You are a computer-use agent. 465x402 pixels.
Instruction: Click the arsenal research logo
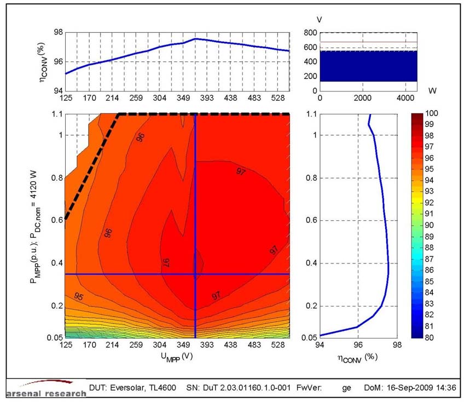click(x=46, y=388)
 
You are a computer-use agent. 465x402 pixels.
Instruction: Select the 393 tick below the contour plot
click(x=215, y=346)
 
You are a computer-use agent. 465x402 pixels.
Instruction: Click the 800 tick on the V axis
click(x=310, y=32)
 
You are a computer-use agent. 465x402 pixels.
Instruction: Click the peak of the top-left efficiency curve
click(x=196, y=39)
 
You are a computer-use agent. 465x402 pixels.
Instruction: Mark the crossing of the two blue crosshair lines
click(x=196, y=274)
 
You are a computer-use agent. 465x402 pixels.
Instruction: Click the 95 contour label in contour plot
click(x=79, y=296)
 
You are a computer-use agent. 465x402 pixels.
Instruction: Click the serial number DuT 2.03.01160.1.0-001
click(x=253, y=387)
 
